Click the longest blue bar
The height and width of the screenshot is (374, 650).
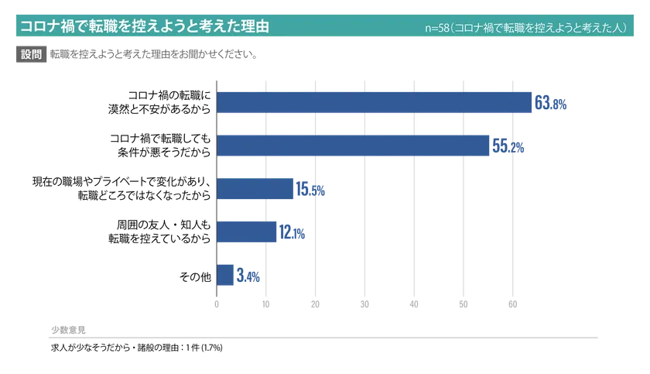375,103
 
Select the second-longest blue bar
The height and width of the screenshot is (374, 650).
354,146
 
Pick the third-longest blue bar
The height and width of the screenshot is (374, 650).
255,189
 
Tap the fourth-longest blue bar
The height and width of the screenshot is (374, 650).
247,232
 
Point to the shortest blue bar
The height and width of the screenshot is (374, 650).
224,274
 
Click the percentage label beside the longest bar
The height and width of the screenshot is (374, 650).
552,104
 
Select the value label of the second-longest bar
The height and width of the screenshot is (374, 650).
510,146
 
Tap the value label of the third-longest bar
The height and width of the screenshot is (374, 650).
312,190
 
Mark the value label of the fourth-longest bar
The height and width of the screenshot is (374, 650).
292,232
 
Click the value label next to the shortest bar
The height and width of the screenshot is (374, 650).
248,275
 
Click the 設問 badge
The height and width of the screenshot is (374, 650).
31,55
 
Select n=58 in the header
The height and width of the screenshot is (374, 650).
437,28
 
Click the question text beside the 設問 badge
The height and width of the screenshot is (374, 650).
155,55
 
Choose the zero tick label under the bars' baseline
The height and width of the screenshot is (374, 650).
217,304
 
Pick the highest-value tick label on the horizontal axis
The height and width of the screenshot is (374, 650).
511,304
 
